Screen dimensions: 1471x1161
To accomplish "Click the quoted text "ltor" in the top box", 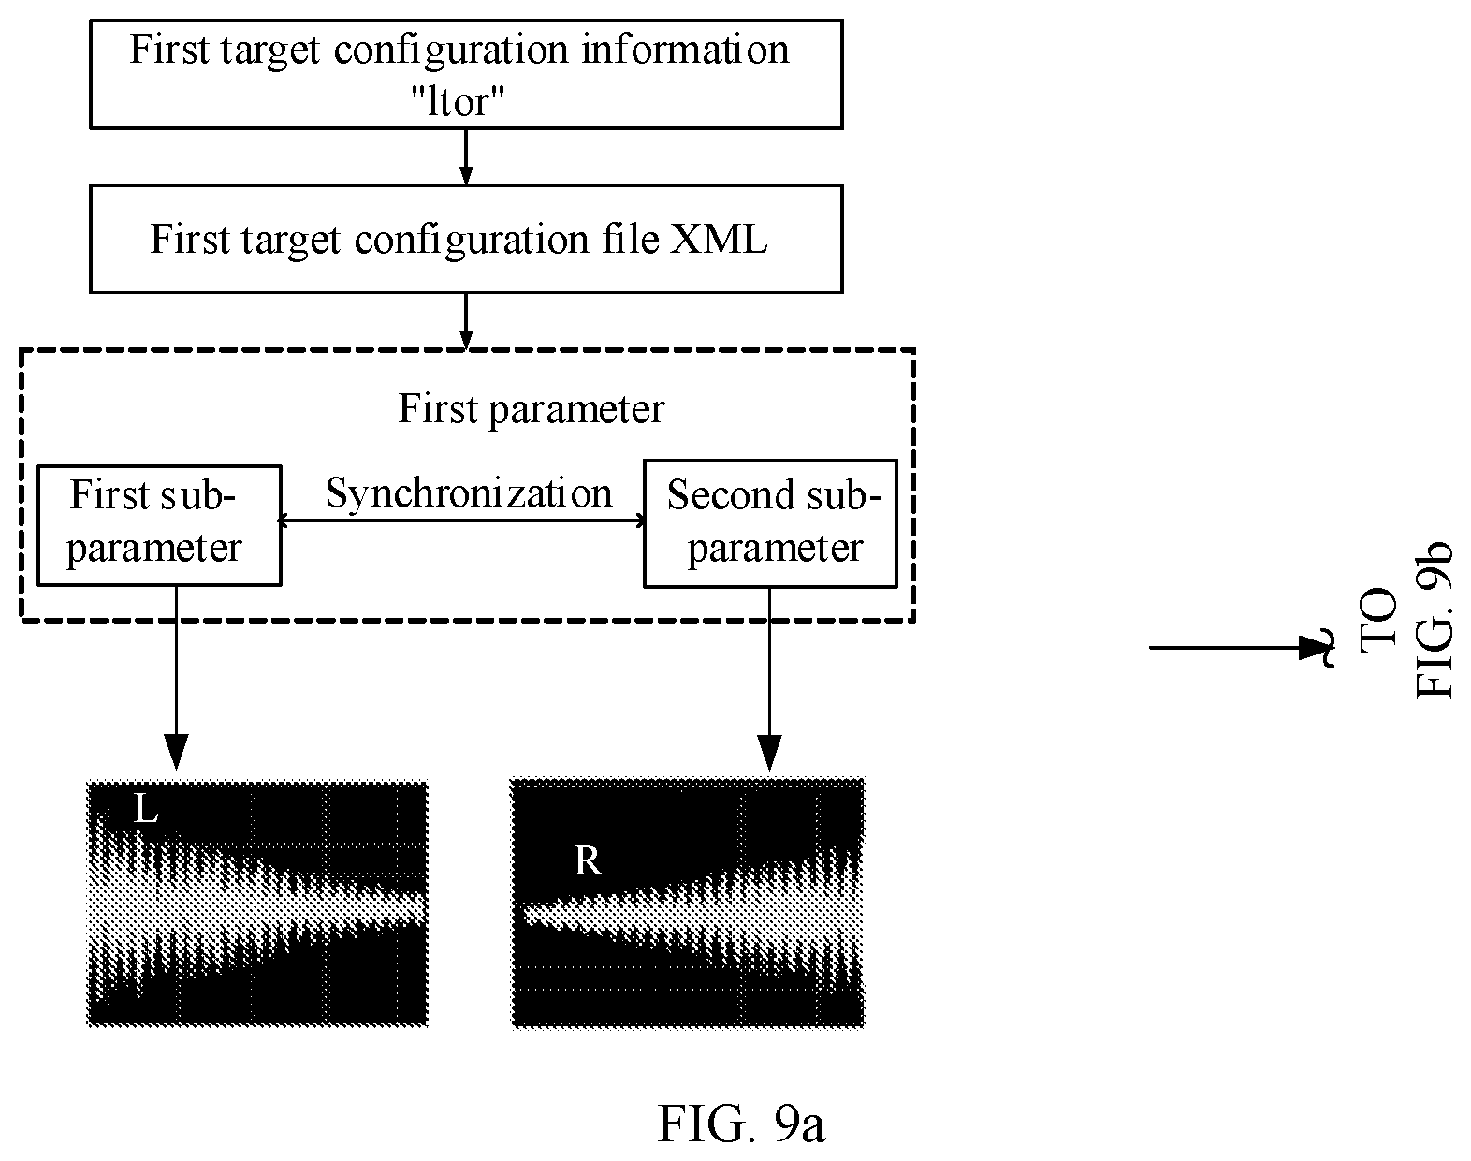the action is click(x=458, y=101).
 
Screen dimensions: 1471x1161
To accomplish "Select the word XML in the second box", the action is click(x=719, y=239).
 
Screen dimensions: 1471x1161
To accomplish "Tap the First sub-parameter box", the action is click(x=159, y=525).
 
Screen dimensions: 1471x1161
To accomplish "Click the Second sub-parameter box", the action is click(x=770, y=523).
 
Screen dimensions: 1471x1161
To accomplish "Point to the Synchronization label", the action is click(x=469, y=492).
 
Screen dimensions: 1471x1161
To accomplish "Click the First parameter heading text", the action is click(x=532, y=409).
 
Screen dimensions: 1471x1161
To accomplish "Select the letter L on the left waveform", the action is click(x=146, y=809).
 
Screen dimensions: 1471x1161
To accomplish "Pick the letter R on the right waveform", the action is click(x=588, y=860).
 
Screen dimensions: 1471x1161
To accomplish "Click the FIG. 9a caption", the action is click(x=742, y=1124).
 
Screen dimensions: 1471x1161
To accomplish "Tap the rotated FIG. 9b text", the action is click(x=1433, y=620).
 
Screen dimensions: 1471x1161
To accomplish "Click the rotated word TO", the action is click(x=1378, y=620).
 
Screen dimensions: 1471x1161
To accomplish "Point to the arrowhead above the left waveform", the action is click(x=176, y=752).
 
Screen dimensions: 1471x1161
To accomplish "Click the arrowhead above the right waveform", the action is click(x=770, y=753).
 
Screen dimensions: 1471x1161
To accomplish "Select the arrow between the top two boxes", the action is click(x=465, y=156).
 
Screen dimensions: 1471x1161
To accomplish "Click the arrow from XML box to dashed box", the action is click(x=465, y=321).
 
